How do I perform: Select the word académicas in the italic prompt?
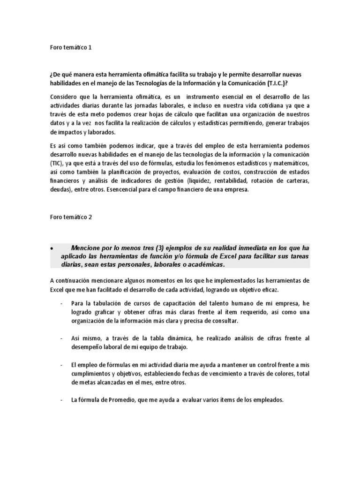coord(202,265)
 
